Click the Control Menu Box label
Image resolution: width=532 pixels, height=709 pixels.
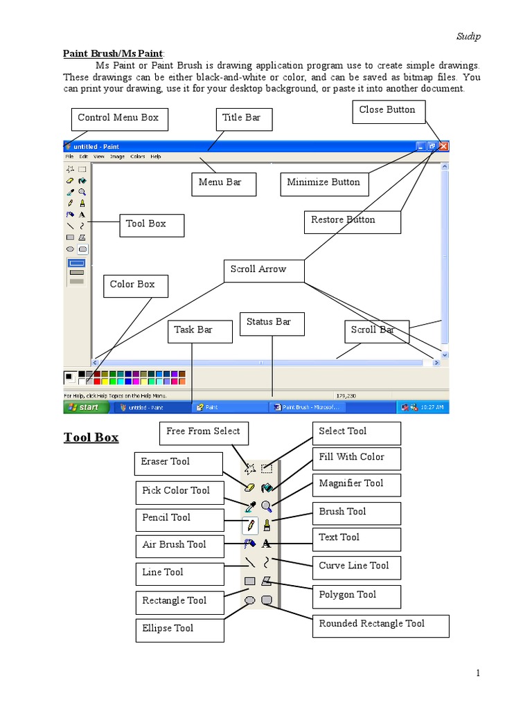(119, 119)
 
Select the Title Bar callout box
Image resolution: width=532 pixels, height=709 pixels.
(243, 119)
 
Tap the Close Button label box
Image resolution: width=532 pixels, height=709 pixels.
(388, 111)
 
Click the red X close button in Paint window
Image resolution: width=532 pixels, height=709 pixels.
(443, 146)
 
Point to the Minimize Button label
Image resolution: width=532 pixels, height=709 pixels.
(324, 183)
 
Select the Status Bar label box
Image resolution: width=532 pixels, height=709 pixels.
(270, 323)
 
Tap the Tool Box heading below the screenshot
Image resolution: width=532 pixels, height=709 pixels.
(91, 438)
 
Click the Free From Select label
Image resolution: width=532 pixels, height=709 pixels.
(204, 433)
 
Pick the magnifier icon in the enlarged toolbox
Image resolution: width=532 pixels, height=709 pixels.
(267, 507)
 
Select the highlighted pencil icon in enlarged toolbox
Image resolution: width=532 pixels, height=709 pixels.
(250, 526)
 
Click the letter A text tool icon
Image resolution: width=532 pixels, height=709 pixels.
(267, 544)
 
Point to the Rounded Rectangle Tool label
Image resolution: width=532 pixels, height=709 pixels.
(380, 625)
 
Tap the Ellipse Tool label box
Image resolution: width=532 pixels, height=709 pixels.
(179, 629)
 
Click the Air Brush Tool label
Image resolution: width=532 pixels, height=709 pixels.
(180, 546)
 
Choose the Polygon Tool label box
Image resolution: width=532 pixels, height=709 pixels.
(356, 595)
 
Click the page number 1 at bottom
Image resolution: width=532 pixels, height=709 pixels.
(478, 673)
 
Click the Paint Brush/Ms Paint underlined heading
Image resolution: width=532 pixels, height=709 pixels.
(114, 53)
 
